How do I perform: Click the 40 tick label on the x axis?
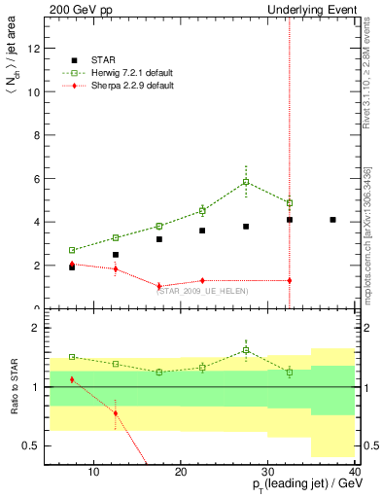354,474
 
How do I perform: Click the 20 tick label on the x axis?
181,474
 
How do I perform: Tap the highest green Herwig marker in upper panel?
246,182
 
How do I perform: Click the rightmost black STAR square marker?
333,220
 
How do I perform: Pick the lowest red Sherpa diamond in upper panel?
159,286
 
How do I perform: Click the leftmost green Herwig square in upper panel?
72,250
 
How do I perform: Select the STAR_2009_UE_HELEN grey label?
202,291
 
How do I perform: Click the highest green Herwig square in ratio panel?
246,350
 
